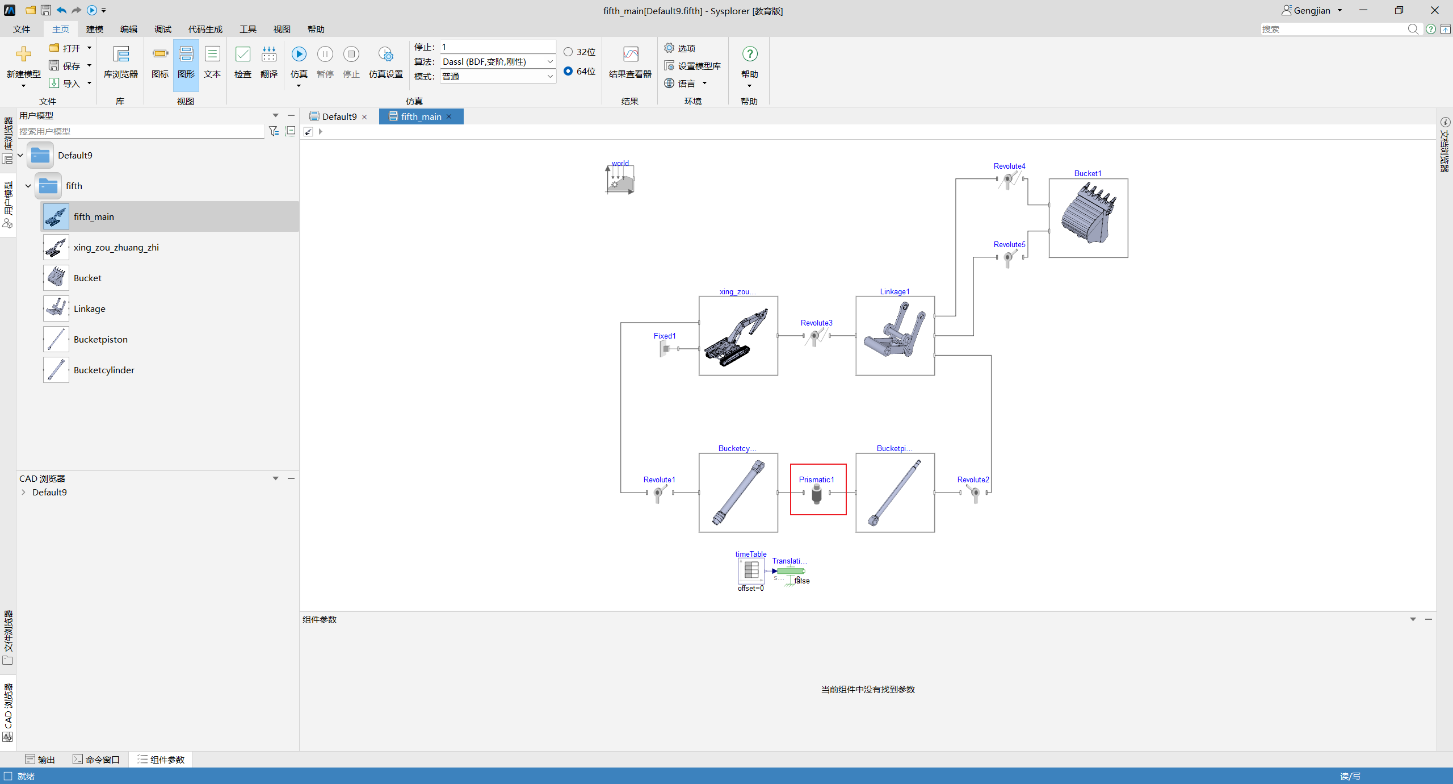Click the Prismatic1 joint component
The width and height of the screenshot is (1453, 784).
click(x=817, y=493)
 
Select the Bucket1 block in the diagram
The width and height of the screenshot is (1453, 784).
click(x=1088, y=218)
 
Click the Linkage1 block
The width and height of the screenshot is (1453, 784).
click(x=895, y=336)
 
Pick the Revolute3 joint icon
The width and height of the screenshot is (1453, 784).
click(x=817, y=336)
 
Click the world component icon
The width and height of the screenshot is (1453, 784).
click(x=620, y=179)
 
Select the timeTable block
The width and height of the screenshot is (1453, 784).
click(x=751, y=570)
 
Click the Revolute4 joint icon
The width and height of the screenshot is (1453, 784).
click(x=1010, y=180)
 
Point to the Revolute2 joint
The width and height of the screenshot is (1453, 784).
click(x=974, y=493)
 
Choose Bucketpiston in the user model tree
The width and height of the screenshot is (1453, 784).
click(x=100, y=339)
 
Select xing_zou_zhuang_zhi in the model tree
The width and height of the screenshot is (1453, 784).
click(x=116, y=247)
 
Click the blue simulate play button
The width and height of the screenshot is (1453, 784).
click(x=299, y=54)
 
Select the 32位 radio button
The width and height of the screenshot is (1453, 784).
click(x=568, y=52)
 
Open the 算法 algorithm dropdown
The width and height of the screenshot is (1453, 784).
click(x=497, y=61)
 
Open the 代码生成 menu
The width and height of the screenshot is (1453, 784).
click(x=205, y=29)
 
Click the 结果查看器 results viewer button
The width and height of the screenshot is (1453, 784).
click(x=630, y=62)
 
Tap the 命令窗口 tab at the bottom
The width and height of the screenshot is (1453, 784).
click(x=96, y=760)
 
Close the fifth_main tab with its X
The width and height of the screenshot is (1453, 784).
click(x=449, y=116)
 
